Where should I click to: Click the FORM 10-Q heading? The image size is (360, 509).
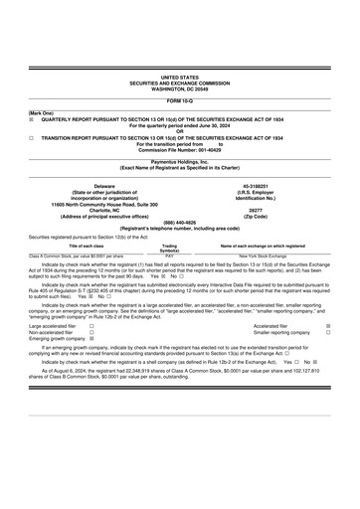coord(179,101)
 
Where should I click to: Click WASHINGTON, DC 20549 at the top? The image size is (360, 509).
coord(179,87)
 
